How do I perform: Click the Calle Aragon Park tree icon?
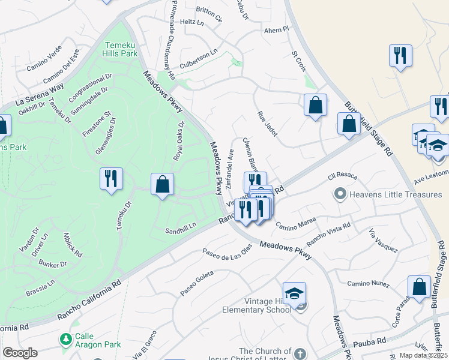click(x=66, y=339)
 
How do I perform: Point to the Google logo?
click(x=19, y=353)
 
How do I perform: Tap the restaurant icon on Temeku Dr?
click(x=111, y=178)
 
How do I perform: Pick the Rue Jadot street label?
click(x=267, y=123)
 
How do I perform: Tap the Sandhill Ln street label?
click(x=181, y=226)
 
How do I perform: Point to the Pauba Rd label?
click(x=369, y=341)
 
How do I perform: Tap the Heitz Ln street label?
click(x=192, y=22)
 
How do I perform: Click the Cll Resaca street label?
click(x=343, y=176)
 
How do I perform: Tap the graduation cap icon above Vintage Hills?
click(x=294, y=293)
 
